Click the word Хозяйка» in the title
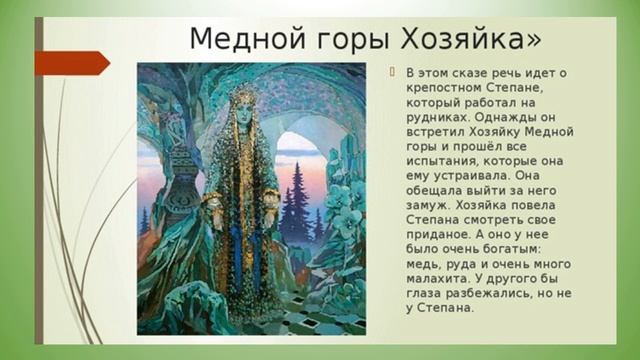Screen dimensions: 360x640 471,39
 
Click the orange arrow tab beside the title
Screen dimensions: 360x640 71,63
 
